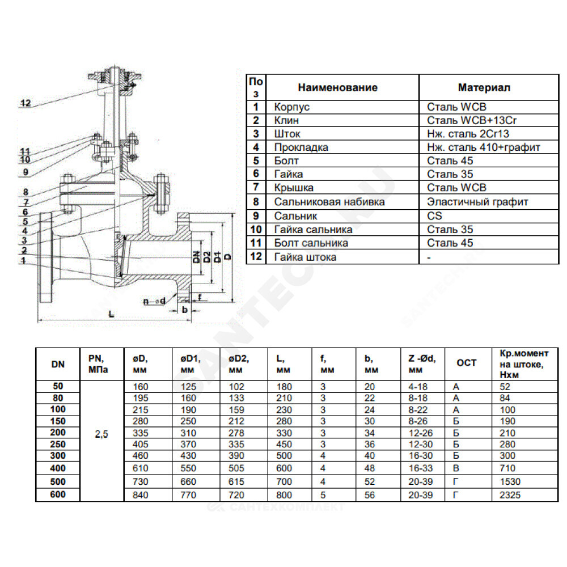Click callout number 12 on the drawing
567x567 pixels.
click(27, 103)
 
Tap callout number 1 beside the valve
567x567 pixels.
click(24, 260)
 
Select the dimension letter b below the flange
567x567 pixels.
click(185, 309)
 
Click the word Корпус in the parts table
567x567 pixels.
click(292, 107)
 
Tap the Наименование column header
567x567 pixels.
click(337, 88)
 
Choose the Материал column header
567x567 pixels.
click(484, 88)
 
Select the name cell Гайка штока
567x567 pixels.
click(305, 257)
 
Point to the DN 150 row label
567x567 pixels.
click(58, 421)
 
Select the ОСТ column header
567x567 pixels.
click(467, 363)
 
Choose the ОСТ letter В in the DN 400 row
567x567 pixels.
click(456, 469)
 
